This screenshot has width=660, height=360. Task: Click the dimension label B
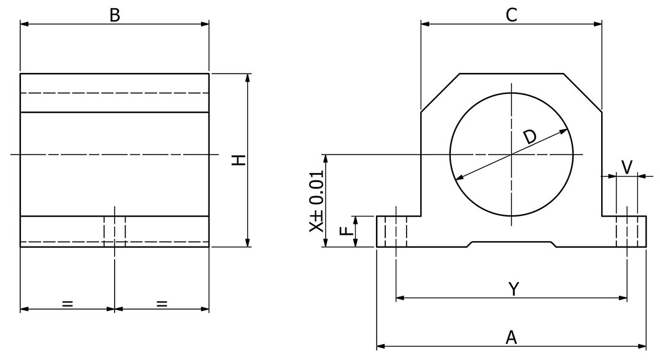115,15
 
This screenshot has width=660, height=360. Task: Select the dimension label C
511,15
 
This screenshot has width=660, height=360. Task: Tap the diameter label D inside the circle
529,137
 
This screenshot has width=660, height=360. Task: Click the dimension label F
347,231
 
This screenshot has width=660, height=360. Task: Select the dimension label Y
514,288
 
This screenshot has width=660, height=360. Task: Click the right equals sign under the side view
162,302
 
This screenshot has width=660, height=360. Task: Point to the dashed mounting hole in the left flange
396,231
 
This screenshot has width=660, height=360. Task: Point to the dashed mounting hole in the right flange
627,231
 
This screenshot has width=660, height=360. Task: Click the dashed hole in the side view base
115,231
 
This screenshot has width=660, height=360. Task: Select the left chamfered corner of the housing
440,93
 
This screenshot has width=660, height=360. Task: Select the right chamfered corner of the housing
583,93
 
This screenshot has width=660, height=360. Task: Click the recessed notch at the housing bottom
512,243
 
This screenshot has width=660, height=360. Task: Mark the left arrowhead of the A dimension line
380,347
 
